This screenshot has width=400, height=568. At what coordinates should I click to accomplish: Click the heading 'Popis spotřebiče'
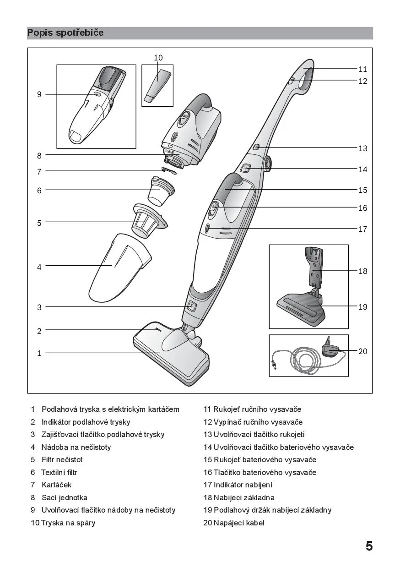[65, 33]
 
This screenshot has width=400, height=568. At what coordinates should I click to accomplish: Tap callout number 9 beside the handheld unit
[39, 94]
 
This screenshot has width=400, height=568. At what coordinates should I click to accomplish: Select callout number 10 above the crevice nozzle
[158, 58]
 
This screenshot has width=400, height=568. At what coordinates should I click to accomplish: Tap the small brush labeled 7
[169, 171]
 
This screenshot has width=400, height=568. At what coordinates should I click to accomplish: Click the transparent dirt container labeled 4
[120, 268]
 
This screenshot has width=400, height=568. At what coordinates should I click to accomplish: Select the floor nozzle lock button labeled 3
[192, 306]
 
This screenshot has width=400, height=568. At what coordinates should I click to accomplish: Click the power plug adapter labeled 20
[330, 349]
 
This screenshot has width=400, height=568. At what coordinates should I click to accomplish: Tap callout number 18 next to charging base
[363, 271]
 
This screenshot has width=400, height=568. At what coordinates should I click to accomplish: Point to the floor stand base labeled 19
[302, 309]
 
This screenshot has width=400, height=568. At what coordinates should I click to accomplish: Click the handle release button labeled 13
[256, 147]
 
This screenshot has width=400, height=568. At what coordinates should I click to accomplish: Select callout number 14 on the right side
[363, 169]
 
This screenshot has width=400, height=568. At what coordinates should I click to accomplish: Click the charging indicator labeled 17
[207, 229]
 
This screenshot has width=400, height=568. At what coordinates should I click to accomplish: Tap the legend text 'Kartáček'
[56, 485]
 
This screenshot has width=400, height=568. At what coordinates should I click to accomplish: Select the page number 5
[369, 546]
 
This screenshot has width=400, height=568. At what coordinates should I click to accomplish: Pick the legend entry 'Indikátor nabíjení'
[243, 485]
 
